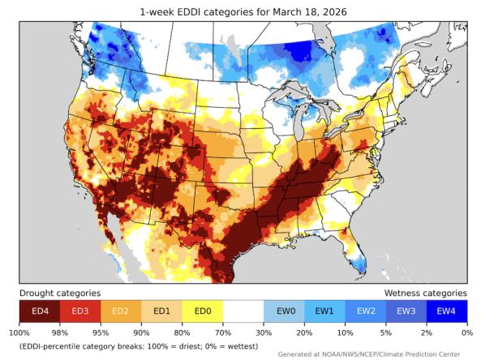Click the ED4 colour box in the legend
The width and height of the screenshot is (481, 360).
tap(40, 311)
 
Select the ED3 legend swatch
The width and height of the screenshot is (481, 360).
tap(80, 311)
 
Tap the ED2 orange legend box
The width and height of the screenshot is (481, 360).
tap(121, 311)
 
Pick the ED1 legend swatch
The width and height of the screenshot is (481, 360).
tap(161, 311)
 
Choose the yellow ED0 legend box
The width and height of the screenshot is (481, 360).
tap(202, 311)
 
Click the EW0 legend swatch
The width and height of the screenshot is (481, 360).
tap(285, 311)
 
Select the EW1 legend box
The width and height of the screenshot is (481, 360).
tap(325, 311)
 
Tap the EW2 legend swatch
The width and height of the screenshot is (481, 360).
tap(366, 311)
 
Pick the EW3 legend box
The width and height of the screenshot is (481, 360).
tap(406, 311)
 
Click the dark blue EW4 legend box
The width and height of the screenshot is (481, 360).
tap(446, 311)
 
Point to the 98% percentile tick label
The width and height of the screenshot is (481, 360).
tap(60, 332)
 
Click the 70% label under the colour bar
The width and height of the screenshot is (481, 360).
tap(222, 332)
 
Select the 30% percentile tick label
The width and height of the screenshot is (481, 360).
tap(264, 332)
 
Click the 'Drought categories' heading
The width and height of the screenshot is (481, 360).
tap(60, 293)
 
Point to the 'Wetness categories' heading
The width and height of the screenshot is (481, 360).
tap(424, 293)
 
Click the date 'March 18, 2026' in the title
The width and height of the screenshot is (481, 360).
tap(314, 11)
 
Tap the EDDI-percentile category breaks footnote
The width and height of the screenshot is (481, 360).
tap(138, 346)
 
